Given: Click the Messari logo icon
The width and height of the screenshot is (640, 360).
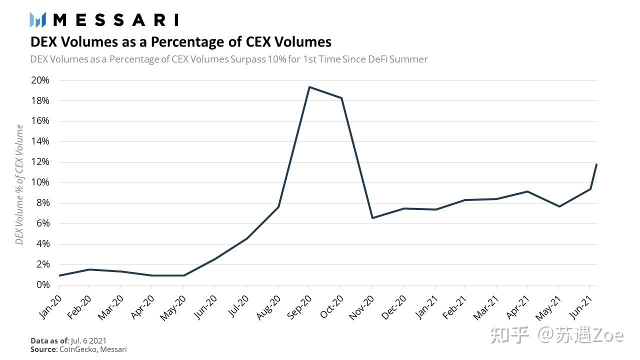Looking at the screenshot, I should click(38, 19).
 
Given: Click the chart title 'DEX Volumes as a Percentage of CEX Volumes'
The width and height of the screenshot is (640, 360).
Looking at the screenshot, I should click(181, 41).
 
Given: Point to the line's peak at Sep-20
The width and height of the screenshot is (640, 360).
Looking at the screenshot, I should click(309, 87).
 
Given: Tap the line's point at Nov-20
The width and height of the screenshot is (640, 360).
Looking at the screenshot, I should click(372, 218).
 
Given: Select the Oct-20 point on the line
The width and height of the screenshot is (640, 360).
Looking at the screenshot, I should click(341, 98).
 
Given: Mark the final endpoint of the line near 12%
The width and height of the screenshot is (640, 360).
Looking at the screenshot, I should click(596, 164).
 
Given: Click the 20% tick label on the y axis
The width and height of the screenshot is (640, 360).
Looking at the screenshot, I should click(40, 80).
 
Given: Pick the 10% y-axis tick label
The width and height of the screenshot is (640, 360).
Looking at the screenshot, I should click(40, 182).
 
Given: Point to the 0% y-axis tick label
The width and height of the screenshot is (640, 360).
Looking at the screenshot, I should click(42, 285).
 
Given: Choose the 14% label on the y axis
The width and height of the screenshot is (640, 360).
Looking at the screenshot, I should click(40, 141).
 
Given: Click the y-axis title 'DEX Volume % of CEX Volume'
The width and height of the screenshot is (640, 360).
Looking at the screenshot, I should click(19, 184).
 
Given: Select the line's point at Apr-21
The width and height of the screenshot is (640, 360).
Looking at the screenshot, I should click(527, 191).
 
